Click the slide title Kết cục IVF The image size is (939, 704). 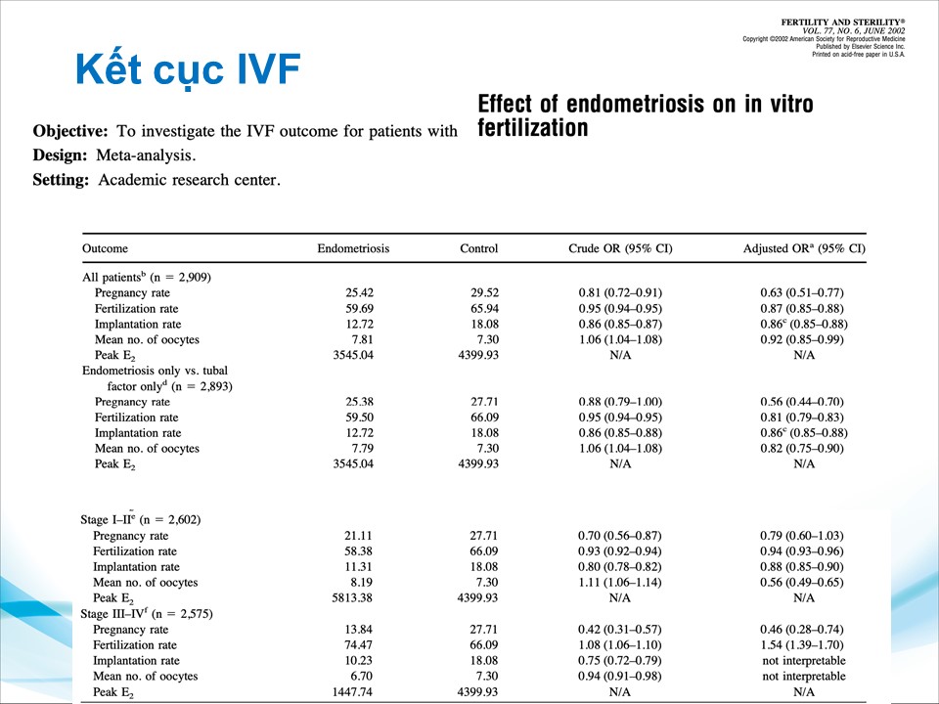[x=187, y=69]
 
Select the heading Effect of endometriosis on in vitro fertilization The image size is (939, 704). [x=645, y=115]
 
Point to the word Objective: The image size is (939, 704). [x=70, y=131]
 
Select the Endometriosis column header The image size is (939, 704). [x=353, y=248]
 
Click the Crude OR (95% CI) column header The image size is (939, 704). [x=620, y=248]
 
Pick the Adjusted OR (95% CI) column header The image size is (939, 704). [x=804, y=248]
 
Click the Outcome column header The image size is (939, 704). [x=105, y=248]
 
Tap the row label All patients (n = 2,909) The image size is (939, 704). [x=147, y=277]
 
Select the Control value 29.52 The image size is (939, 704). [x=479, y=292]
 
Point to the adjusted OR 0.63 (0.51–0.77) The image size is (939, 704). [x=801, y=292]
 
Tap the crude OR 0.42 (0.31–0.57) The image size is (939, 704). [x=619, y=629]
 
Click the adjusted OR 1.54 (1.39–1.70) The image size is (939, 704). [x=801, y=644]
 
